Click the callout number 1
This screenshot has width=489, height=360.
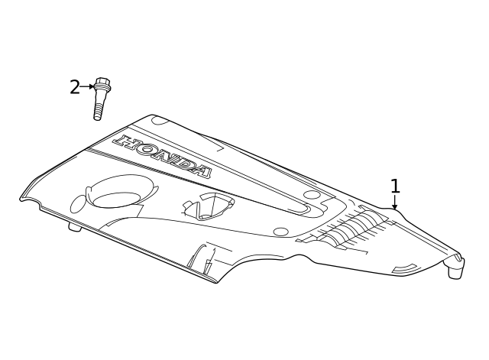(395, 186)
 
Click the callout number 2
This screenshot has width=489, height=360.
(75, 87)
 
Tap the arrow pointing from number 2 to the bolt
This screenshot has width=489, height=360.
(87, 86)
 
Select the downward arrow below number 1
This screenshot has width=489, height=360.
(395, 202)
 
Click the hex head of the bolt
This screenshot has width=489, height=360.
(102, 81)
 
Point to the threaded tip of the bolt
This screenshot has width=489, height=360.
(98, 114)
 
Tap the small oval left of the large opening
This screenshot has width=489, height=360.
(78, 204)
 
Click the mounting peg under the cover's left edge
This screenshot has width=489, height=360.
(75, 228)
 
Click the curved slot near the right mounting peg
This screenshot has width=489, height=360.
(405, 268)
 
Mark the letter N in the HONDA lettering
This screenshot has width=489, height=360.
(163, 156)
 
